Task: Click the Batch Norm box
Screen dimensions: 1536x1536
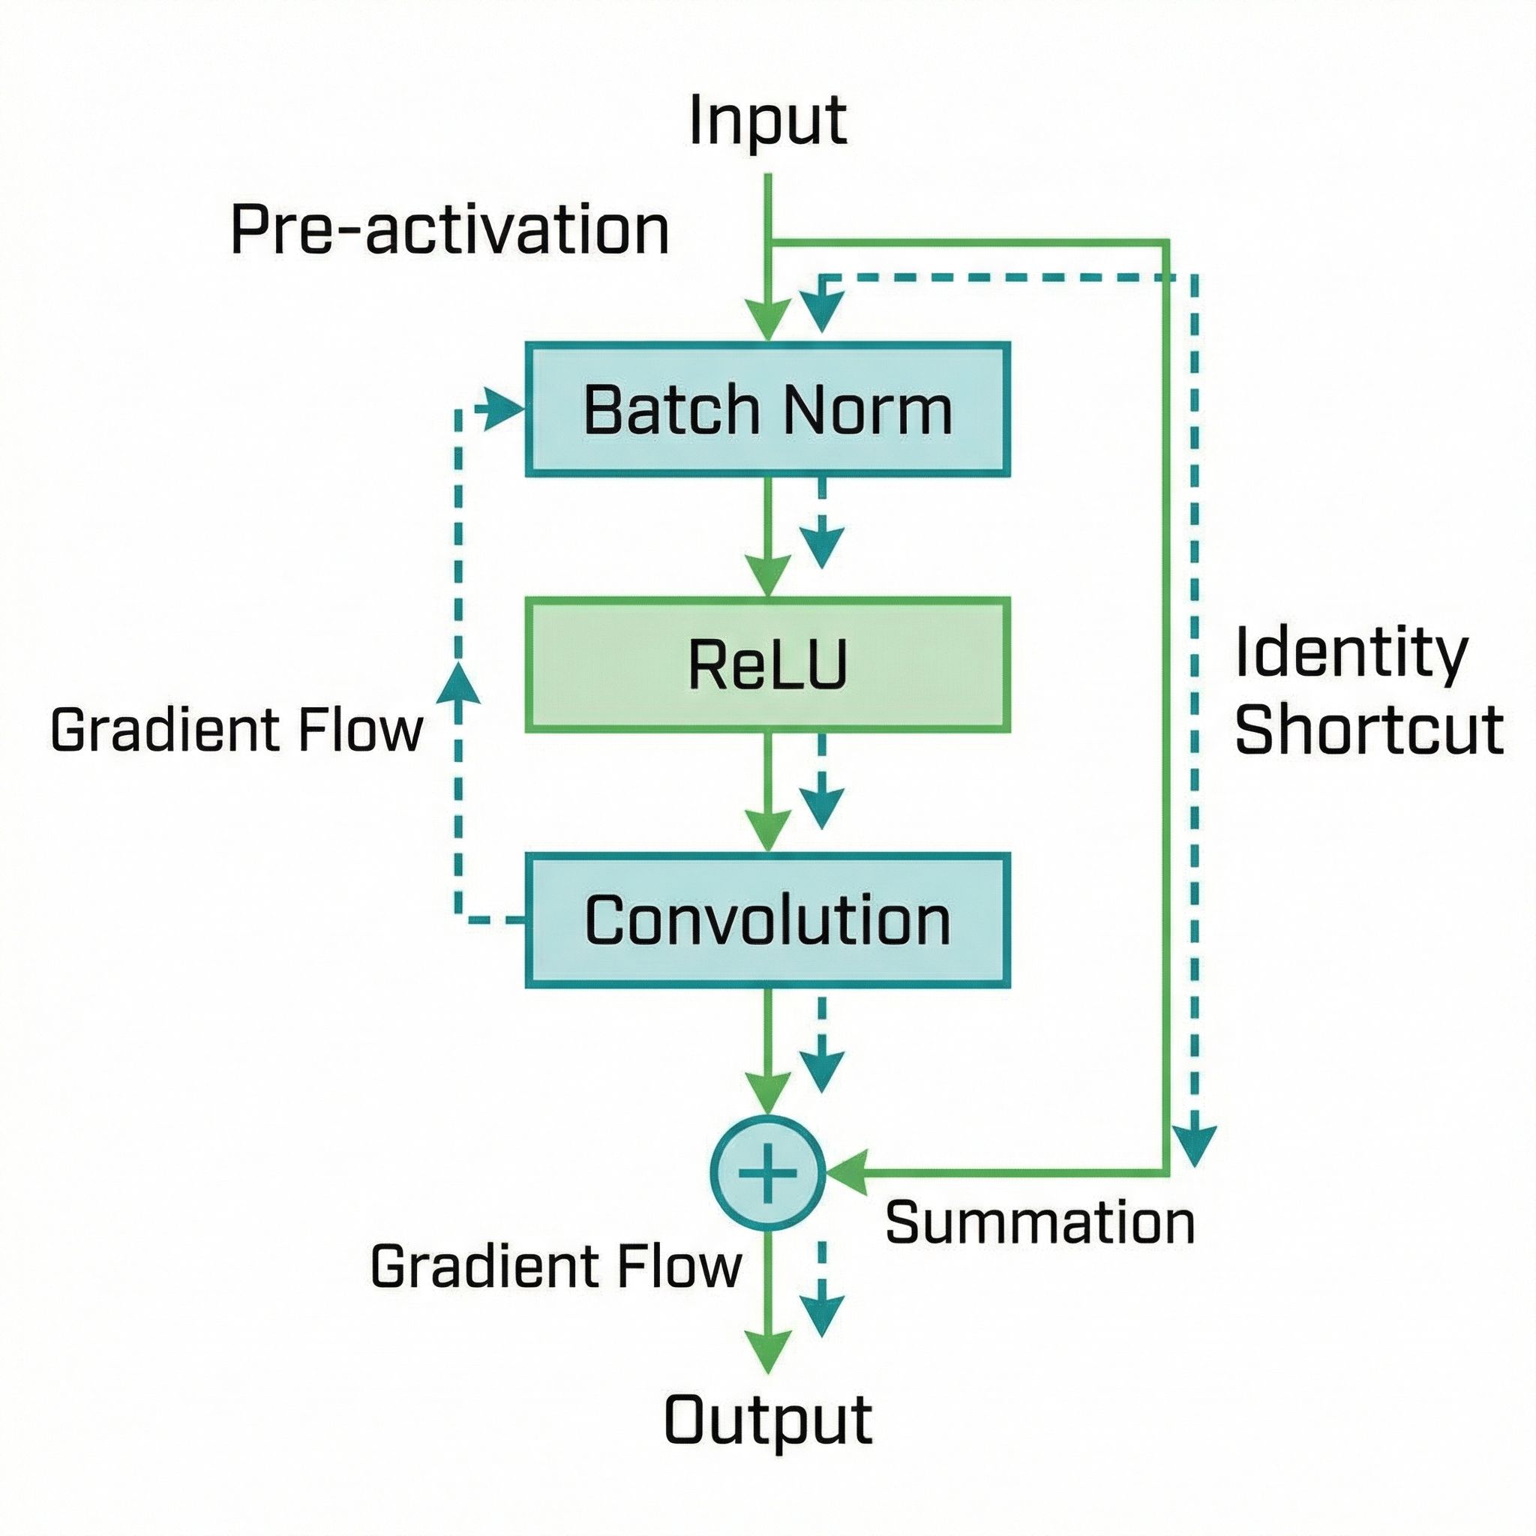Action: coord(767,409)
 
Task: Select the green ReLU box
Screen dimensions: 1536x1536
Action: coord(767,664)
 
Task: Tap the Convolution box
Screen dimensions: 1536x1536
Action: coord(767,921)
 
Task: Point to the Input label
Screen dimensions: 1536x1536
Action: coord(767,121)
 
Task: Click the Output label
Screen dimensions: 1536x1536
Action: coord(767,1417)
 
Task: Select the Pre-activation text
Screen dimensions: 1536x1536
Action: coord(449,230)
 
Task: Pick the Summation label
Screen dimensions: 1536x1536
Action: coord(1040,1222)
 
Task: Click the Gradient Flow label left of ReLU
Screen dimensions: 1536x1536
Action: coord(236,730)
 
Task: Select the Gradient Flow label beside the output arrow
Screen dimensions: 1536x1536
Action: coord(556,1267)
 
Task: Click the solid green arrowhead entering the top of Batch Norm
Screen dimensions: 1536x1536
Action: coord(767,319)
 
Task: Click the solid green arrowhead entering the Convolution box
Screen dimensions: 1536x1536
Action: coord(767,830)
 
